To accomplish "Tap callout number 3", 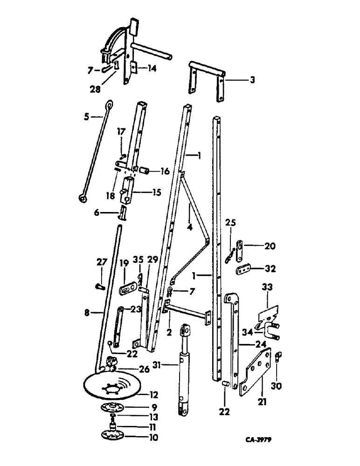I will tap(252, 80).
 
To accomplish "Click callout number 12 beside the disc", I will tap(152, 395).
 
